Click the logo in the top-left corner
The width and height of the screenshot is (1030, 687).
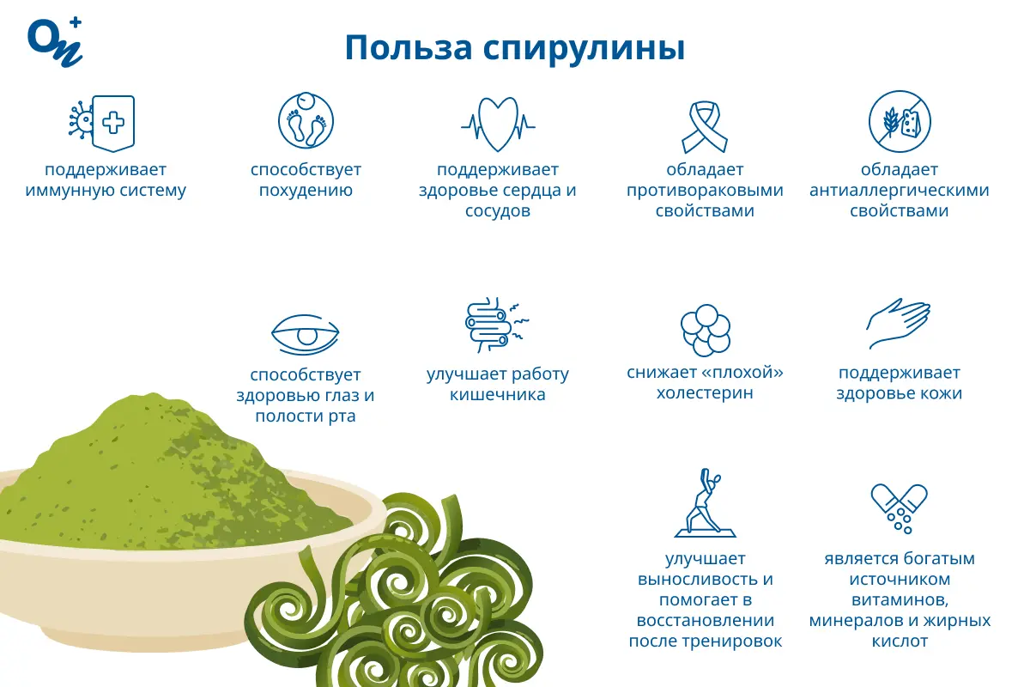pos(55,40)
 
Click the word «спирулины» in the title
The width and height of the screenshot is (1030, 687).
pos(583,48)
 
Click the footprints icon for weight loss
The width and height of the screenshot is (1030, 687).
pos(306,120)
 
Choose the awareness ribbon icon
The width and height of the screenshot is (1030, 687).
pos(704,124)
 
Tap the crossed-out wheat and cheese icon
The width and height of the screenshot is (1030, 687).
pos(899,120)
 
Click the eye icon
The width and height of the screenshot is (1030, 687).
pos(306,331)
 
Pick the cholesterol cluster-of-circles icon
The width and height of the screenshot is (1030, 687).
pos(705,330)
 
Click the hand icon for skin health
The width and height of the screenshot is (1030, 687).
pos(898,324)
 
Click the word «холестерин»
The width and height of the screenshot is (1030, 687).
pos(705,394)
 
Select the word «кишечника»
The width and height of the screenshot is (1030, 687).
pos(498,395)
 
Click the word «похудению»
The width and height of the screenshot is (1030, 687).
pos(306,191)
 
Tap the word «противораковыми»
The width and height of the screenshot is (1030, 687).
pos(705,191)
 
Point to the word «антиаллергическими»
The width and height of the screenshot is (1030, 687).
pos(899,191)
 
